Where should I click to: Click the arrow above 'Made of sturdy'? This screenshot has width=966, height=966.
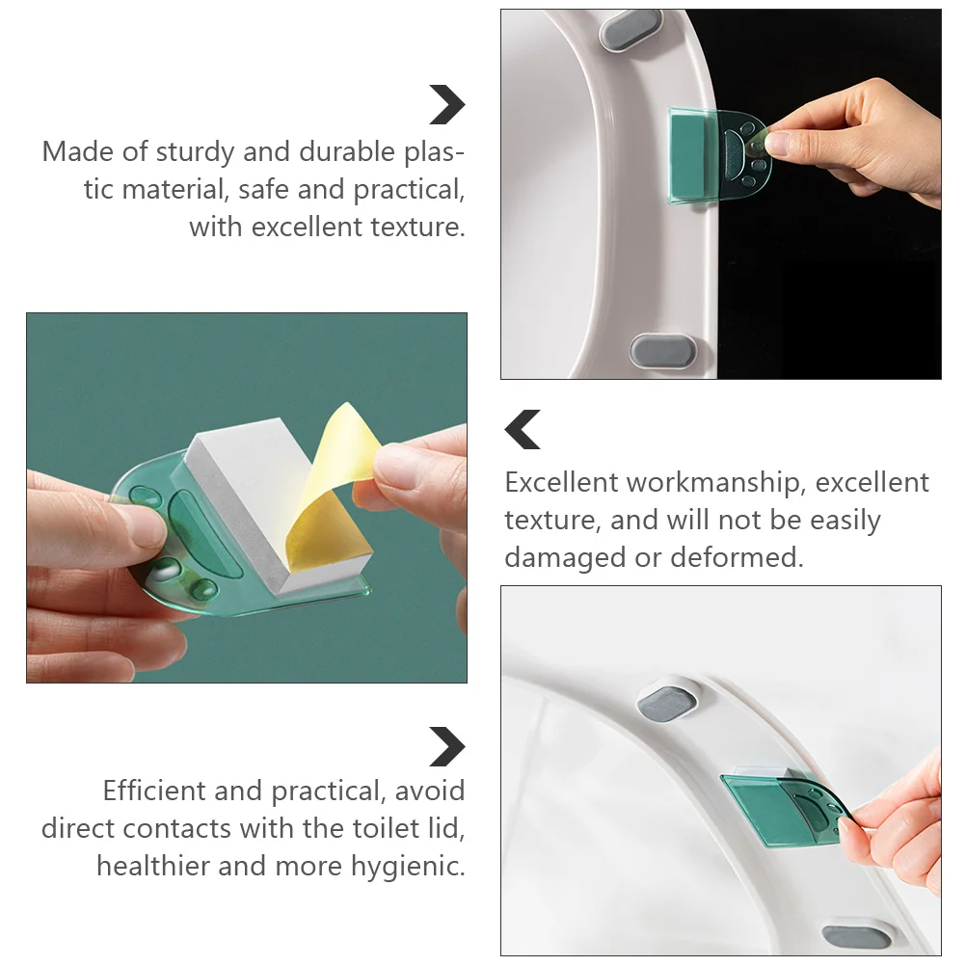pos(447,105)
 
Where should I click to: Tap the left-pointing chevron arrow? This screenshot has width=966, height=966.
pos(523,430)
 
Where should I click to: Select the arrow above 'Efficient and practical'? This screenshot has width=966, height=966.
pos(447,747)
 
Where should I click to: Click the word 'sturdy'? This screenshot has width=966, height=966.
pos(194,152)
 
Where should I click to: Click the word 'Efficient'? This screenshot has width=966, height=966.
pos(153,792)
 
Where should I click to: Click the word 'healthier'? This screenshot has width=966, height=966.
pos(153,866)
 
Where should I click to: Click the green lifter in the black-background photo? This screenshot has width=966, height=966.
pos(717,155)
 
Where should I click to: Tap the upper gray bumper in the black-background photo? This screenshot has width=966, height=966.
pos(631,30)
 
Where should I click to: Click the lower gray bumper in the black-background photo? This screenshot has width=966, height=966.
pos(661,350)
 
